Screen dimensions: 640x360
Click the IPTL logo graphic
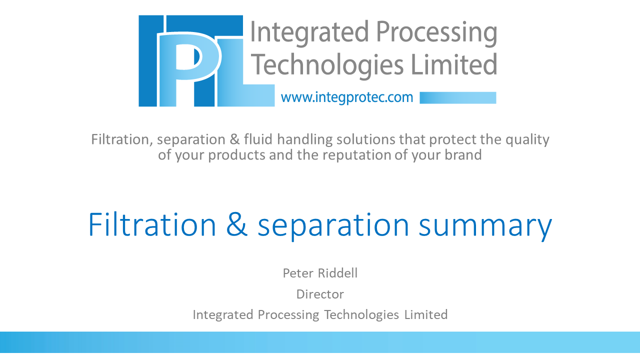tap(206, 61)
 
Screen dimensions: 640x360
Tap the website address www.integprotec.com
tap(347, 97)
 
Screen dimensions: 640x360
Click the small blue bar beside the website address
tap(457, 97)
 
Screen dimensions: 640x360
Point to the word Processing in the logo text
tap(436, 33)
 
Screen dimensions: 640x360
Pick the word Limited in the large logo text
tap(454, 64)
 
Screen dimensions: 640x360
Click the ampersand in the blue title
tap(237, 224)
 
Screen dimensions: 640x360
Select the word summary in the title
tap(485, 227)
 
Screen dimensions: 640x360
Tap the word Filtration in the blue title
tap(152, 224)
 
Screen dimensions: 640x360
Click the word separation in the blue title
tap(333, 227)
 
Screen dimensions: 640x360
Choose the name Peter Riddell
tap(320, 273)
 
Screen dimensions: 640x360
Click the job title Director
tap(320, 294)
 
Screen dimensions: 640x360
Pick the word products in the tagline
tap(236, 155)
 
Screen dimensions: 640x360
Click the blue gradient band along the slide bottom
tap(320, 342)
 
